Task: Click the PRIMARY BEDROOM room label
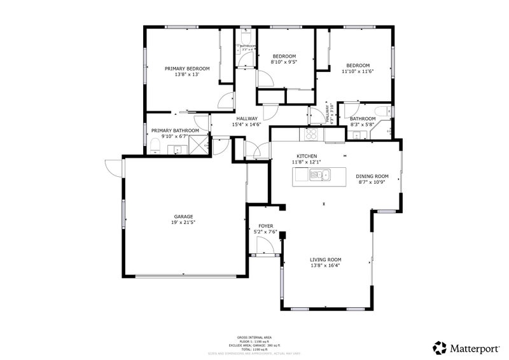click(187, 68)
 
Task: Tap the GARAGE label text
click(183, 216)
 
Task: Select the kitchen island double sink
click(317, 176)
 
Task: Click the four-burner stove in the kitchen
click(312, 134)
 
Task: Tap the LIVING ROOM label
click(326, 260)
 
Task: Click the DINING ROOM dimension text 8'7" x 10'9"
click(372, 182)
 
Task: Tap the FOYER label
click(265, 226)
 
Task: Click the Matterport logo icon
click(440, 347)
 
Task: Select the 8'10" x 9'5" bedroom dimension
click(284, 62)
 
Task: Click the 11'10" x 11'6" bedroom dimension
click(358, 71)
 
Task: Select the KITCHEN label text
click(307, 156)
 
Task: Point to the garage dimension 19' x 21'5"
click(183, 223)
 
